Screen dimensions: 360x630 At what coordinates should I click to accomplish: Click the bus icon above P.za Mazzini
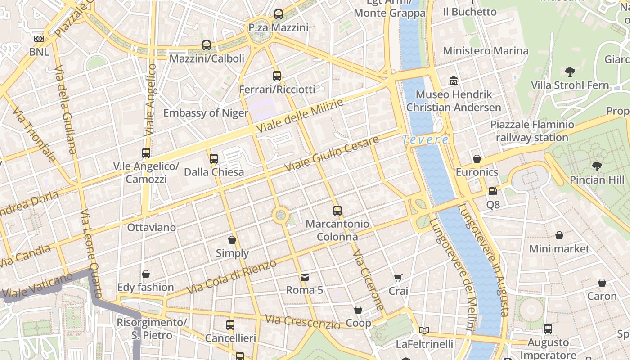279,14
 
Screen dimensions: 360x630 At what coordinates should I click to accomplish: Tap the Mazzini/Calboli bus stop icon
207,45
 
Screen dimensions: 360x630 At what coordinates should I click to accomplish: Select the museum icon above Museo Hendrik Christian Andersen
454,81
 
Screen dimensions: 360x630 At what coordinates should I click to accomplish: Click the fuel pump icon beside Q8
493,191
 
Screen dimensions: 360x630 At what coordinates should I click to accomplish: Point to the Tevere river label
425,140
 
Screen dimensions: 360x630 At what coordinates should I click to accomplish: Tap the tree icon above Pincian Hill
597,166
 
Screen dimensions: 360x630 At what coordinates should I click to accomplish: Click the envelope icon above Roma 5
305,277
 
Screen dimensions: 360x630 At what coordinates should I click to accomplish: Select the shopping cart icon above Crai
398,278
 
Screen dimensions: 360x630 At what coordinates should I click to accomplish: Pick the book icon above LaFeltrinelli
424,331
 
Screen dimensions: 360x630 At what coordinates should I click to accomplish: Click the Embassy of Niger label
206,113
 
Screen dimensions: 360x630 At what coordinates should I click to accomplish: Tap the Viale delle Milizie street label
300,116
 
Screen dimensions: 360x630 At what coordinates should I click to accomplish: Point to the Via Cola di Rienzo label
231,277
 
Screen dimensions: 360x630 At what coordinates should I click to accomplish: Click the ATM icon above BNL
39,39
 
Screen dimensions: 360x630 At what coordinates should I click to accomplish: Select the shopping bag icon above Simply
232,240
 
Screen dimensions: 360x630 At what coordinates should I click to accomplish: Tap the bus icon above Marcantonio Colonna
337,210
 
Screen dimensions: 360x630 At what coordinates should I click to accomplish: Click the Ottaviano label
152,227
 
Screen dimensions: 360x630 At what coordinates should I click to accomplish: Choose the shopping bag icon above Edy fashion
146,274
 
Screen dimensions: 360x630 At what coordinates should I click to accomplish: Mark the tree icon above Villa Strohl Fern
570,72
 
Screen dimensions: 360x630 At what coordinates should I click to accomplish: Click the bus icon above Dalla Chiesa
214,158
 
